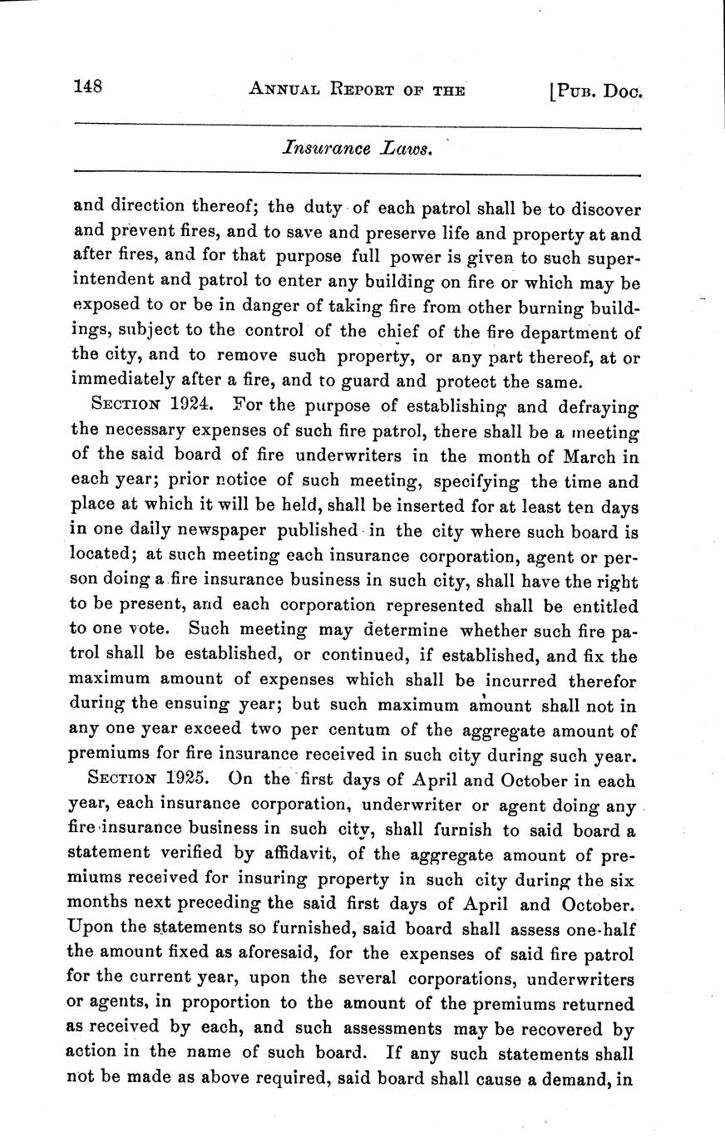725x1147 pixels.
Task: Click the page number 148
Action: [87, 86]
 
